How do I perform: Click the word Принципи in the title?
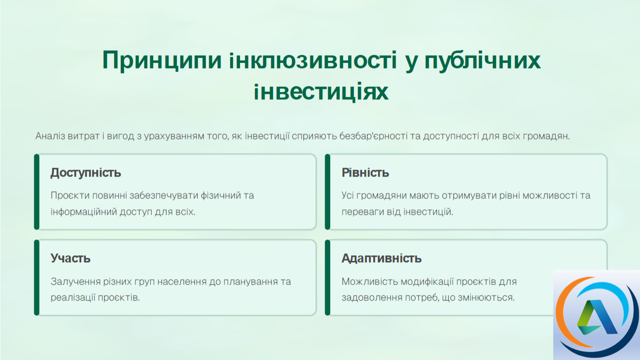click(x=162, y=60)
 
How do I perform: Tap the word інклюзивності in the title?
click(x=313, y=60)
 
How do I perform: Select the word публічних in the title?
click(x=482, y=61)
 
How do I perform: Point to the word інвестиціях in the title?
click(x=321, y=92)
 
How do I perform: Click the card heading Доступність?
click(x=86, y=173)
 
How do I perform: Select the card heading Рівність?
click(x=365, y=173)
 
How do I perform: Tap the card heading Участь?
click(x=70, y=258)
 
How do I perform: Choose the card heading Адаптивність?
click(x=381, y=258)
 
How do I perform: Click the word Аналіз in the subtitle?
click(x=50, y=136)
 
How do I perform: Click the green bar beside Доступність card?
click(x=37, y=192)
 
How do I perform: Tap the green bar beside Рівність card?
click(x=327, y=192)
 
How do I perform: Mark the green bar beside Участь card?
click(x=37, y=277)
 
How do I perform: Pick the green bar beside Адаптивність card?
click(x=327, y=277)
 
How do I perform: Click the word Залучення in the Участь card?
click(x=75, y=282)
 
